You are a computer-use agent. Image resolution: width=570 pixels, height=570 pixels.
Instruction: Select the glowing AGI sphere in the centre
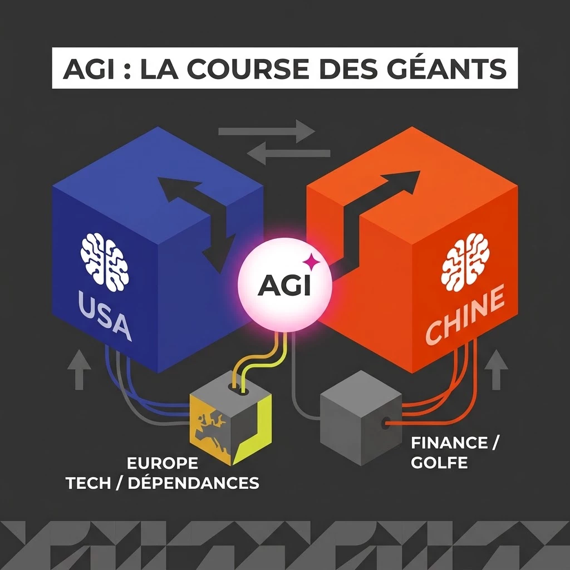point(284,284)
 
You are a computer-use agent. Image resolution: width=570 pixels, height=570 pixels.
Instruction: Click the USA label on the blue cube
point(104,316)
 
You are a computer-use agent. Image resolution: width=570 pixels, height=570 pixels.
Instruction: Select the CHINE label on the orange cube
point(465,315)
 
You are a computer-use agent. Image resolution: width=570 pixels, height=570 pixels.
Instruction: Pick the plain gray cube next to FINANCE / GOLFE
point(361,418)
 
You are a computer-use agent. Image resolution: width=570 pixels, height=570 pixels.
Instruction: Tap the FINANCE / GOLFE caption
point(453,453)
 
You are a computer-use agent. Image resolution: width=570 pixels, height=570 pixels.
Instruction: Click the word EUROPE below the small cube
point(163,463)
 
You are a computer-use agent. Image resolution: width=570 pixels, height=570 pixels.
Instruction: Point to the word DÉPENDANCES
point(193,483)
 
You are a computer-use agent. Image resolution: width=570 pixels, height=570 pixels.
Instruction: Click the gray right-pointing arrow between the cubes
point(267,131)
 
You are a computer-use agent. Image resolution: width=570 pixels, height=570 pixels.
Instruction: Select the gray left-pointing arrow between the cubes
point(288,154)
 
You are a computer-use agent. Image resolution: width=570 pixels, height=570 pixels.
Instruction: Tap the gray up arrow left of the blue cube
point(79,370)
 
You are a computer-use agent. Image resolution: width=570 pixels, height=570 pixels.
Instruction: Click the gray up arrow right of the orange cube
point(497,370)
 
